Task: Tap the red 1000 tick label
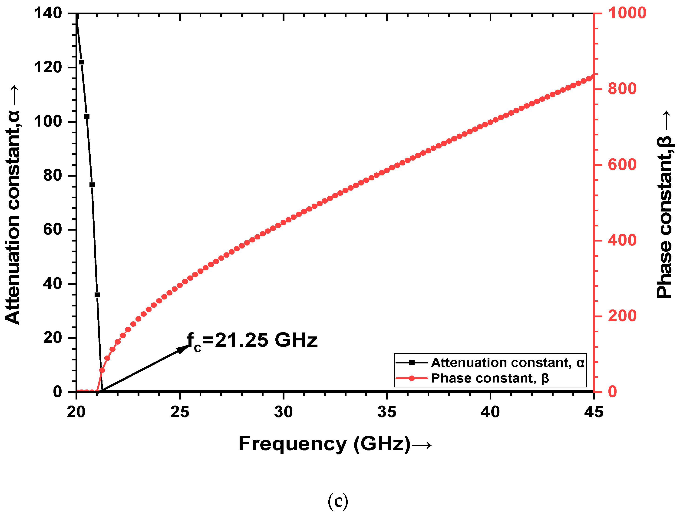pyautogui.click(x=627, y=13)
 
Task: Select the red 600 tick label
pyautogui.click(x=622, y=165)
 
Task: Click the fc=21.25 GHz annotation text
pyautogui.click(x=252, y=341)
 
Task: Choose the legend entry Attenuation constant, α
pyautogui.click(x=507, y=363)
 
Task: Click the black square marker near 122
pyautogui.click(x=82, y=62)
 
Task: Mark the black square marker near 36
pyautogui.click(x=97, y=295)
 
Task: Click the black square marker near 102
pyautogui.click(x=87, y=116)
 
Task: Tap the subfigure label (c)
pyautogui.click(x=338, y=501)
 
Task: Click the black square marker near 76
pyautogui.click(x=92, y=185)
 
